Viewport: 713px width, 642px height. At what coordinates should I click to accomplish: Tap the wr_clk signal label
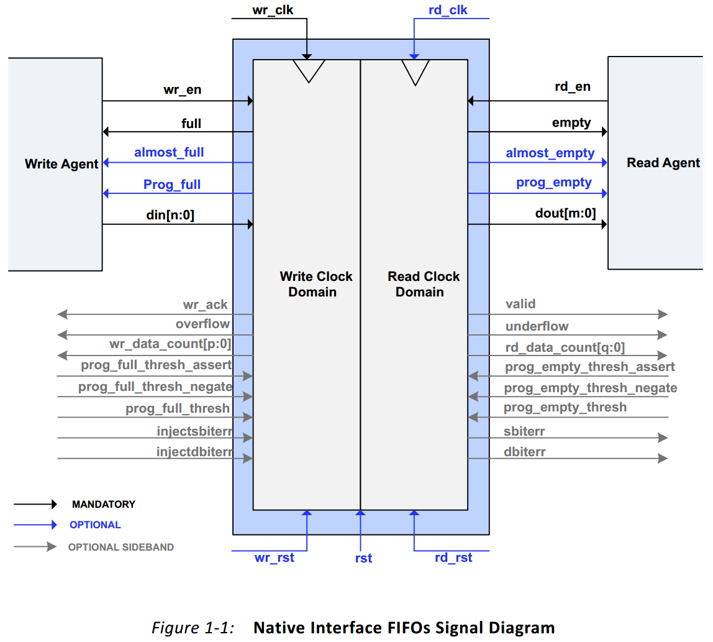tap(272, 11)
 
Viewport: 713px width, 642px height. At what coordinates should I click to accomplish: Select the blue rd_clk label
tap(448, 11)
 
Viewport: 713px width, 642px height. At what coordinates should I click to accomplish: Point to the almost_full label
tap(169, 152)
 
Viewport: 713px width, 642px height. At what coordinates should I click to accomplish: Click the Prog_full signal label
tap(172, 184)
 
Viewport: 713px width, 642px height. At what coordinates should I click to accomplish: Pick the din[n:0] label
tap(170, 214)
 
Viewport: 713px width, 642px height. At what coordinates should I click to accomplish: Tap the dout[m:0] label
tap(565, 214)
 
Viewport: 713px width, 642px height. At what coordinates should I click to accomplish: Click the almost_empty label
tap(550, 153)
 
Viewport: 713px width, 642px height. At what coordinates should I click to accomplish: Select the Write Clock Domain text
tap(316, 284)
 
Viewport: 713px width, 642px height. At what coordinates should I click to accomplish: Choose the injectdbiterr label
tap(194, 452)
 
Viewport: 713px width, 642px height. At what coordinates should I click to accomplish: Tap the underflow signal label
tap(537, 326)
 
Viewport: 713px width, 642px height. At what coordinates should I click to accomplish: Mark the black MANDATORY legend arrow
tap(35, 504)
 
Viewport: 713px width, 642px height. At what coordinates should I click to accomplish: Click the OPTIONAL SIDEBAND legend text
tap(120, 548)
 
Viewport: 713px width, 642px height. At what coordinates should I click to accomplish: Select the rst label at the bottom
tap(363, 558)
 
